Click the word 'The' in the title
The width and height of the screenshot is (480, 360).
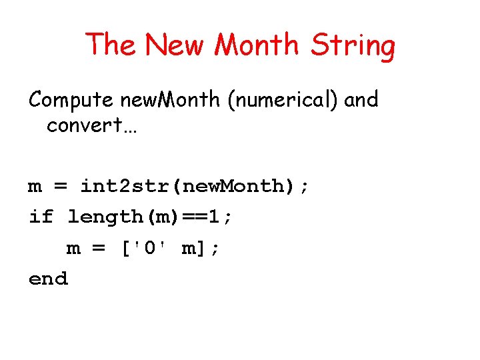coord(112,45)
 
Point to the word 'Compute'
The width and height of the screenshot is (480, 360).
coord(72,101)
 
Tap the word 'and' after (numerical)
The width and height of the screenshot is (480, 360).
coord(362,100)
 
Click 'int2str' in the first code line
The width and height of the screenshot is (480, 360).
coord(126,186)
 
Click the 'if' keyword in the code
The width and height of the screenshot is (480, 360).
coord(41,217)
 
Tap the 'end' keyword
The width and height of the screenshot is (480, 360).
coord(48,279)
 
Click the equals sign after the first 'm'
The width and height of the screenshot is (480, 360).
coord(61,187)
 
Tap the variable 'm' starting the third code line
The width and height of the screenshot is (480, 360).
coord(73,249)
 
